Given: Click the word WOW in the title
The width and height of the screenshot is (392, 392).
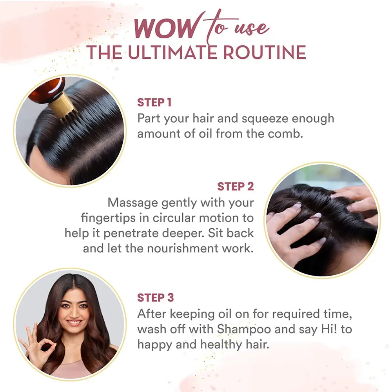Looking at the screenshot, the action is tap(165, 28).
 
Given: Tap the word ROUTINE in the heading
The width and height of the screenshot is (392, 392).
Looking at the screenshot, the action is tap(265, 53).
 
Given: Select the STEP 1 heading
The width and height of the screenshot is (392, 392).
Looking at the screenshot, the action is tap(154, 102).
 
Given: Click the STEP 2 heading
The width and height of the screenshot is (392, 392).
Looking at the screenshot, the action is tap(236, 187).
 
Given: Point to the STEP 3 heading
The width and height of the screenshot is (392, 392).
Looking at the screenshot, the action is tap(155, 298).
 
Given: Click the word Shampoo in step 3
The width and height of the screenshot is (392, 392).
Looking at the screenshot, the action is tap(244, 330).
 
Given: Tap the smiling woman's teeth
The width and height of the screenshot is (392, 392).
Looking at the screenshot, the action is tap(74, 322).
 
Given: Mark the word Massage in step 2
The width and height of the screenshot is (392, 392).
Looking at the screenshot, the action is tap(133, 203).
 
